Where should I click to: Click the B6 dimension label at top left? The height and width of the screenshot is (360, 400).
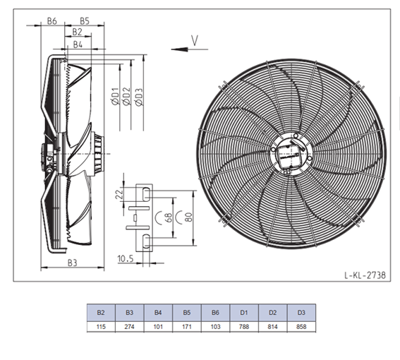pyautogui.click(x=52, y=21)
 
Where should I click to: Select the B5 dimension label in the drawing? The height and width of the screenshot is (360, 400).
pyautogui.click(x=85, y=21)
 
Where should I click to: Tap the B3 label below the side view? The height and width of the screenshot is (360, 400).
pyautogui.click(x=72, y=263)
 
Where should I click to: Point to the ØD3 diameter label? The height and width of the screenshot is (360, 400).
pyautogui.click(x=139, y=97)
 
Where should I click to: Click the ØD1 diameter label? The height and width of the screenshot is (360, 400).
pyautogui.click(x=116, y=96)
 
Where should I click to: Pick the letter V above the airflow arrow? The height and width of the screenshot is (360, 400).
pyautogui.click(x=195, y=41)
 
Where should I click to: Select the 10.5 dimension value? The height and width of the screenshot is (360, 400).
pyautogui.click(x=126, y=259)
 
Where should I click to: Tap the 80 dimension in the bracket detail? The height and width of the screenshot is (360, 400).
pyautogui.click(x=188, y=217)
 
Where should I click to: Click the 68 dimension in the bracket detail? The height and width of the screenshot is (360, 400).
pyautogui.click(x=169, y=218)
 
